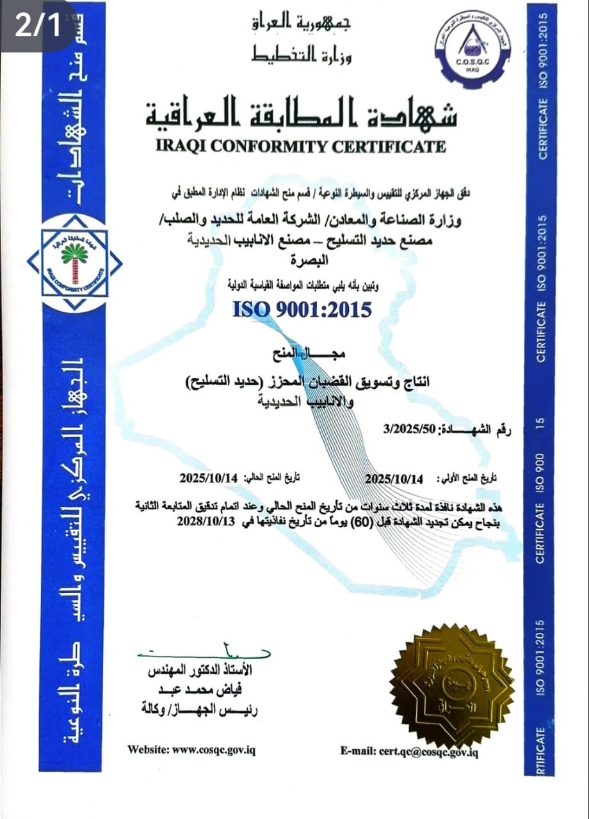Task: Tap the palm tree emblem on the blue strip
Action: pyautogui.click(x=74, y=262)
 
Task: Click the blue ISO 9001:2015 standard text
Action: pyautogui.click(x=302, y=310)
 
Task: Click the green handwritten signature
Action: pyautogui.click(x=198, y=652)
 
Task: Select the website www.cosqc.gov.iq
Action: pyautogui.click(x=191, y=749)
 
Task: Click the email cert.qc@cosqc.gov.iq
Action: pyautogui.click(x=409, y=751)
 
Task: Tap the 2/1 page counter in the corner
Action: pyautogui.click(x=36, y=24)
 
